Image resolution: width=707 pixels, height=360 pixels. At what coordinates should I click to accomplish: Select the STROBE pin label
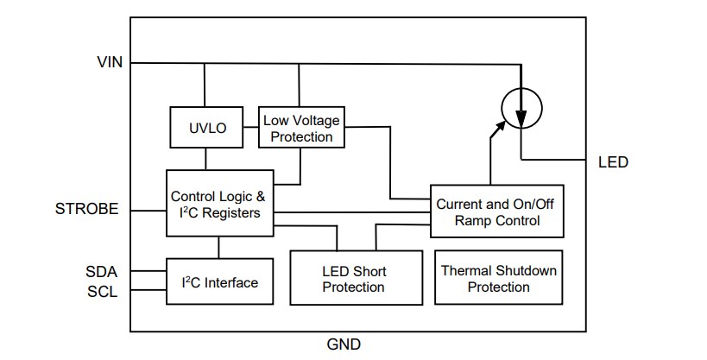pos(87,210)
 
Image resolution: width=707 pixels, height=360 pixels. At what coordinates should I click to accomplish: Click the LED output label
pos(613,162)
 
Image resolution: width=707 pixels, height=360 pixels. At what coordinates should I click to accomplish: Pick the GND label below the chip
pos(344,344)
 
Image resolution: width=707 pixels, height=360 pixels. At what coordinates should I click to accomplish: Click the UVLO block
pos(207,128)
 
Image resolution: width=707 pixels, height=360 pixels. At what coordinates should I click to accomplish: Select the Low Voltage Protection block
pos(301,128)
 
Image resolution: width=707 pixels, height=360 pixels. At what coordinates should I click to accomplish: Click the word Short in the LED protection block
pos(369,271)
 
